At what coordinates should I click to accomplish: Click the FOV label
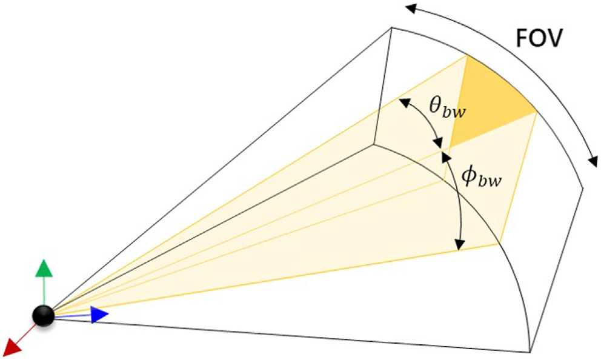pyautogui.click(x=540, y=41)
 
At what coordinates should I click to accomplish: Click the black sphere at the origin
pyautogui.click(x=43, y=316)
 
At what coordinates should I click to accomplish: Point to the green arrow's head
pyautogui.click(x=42, y=267)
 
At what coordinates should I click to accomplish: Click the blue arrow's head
pyautogui.click(x=100, y=315)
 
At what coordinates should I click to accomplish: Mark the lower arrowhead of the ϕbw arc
pyautogui.click(x=460, y=245)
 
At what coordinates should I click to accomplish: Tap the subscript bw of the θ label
pyautogui.click(x=456, y=112)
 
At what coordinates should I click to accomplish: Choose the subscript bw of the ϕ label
pyautogui.click(x=490, y=181)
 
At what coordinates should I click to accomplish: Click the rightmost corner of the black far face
pyautogui.click(x=583, y=188)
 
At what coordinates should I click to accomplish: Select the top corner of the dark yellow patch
pyautogui.click(x=468, y=56)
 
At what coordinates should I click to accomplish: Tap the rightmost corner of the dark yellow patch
pyautogui.click(x=537, y=112)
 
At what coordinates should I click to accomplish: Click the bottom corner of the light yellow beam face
pyautogui.click(x=500, y=244)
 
